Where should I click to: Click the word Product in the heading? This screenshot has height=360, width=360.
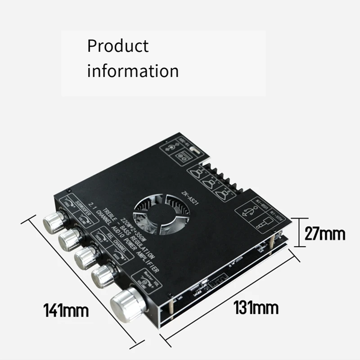pos(117,46)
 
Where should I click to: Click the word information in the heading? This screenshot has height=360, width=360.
pos(133,71)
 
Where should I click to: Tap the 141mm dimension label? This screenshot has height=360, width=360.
pos(66,310)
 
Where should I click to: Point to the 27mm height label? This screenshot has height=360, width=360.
pos(325,234)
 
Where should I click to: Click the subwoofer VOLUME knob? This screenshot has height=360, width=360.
pos(69,238)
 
